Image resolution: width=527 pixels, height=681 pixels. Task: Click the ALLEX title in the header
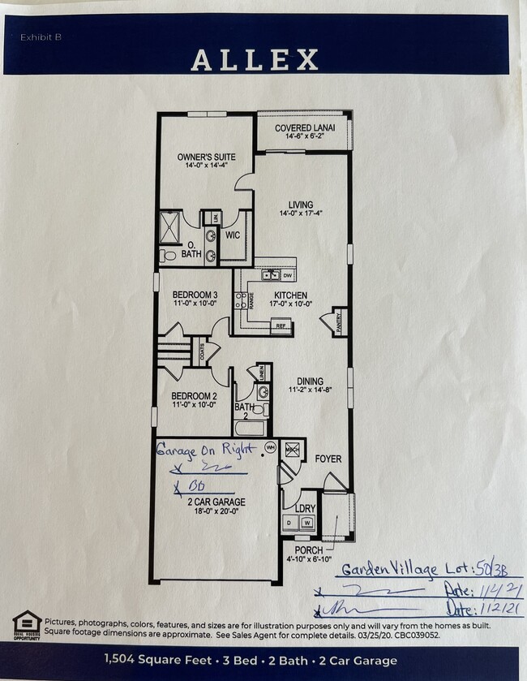click(x=254, y=60)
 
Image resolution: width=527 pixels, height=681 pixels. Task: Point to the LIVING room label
click(x=301, y=205)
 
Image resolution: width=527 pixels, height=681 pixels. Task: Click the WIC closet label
click(x=233, y=235)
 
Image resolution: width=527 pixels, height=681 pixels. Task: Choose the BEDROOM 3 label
click(x=194, y=295)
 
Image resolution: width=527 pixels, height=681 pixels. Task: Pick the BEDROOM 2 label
click(x=194, y=397)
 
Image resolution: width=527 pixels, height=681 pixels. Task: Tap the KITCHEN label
click(x=290, y=295)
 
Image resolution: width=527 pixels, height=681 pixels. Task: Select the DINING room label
click(x=310, y=381)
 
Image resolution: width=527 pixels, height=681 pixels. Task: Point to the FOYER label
click(x=328, y=459)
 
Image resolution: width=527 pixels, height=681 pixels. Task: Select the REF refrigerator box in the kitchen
click(x=281, y=325)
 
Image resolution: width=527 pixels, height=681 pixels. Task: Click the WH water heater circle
click(x=271, y=447)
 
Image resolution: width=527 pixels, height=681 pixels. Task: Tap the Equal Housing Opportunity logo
click(x=27, y=626)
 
